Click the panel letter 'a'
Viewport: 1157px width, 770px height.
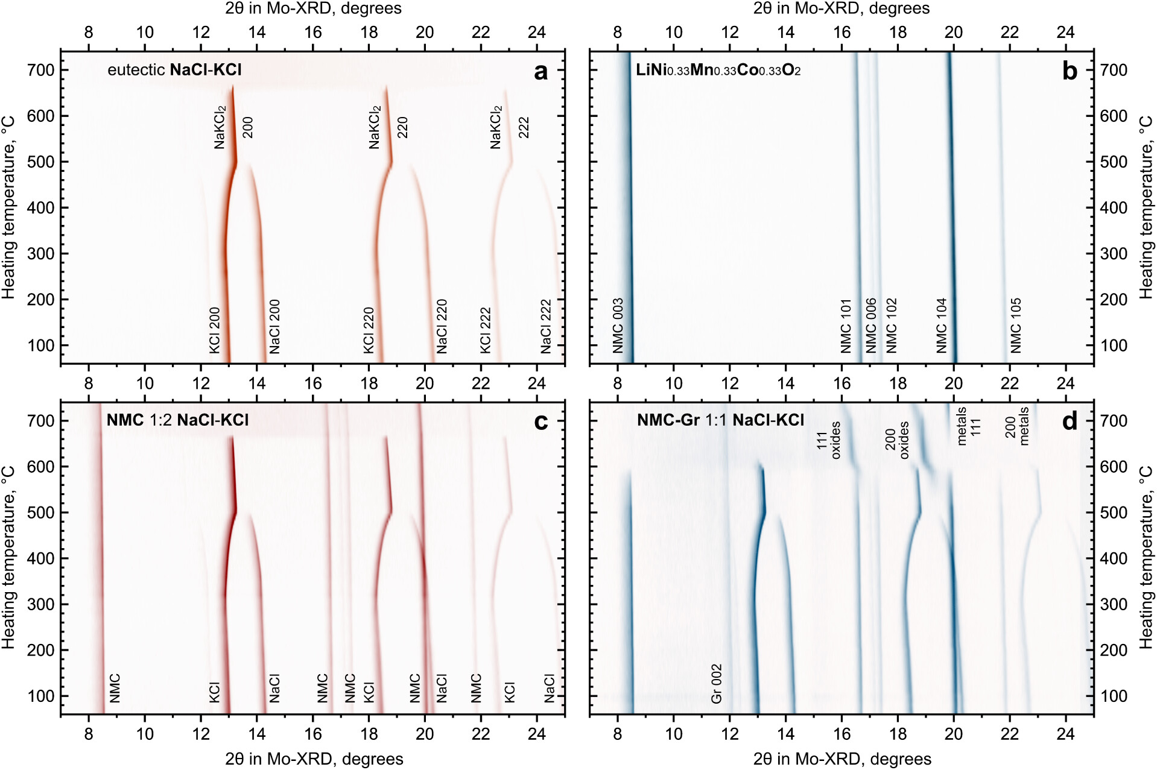(540, 72)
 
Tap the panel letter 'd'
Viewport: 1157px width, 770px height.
(1069, 421)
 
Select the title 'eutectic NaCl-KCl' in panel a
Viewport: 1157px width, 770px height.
(174, 70)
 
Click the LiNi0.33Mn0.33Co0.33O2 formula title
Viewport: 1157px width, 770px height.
(718, 70)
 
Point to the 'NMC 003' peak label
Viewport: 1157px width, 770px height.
(618, 326)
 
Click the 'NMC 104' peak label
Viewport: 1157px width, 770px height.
(942, 326)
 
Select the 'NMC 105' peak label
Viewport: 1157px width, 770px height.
(1016, 326)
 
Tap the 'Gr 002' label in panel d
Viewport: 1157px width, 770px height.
(716, 684)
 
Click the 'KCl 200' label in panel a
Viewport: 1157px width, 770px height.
(215, 330)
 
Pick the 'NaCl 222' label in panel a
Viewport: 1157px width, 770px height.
(546, 326)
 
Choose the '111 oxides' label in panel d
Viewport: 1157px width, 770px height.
(829, 441)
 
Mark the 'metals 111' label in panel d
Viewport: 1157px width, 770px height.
(969, 426)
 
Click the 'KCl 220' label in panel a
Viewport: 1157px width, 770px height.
(369, 330)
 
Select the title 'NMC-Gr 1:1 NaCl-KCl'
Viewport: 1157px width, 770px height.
(720, 420)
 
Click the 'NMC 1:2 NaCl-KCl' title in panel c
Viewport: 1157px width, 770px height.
(177, 420)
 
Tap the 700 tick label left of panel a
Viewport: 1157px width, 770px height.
(40, 71)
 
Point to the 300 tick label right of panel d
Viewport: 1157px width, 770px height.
(1114, 604)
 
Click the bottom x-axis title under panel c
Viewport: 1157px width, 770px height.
(314, 759)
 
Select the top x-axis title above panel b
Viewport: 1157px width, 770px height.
(841, 8)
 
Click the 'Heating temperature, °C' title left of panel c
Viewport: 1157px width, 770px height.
(8, 557)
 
